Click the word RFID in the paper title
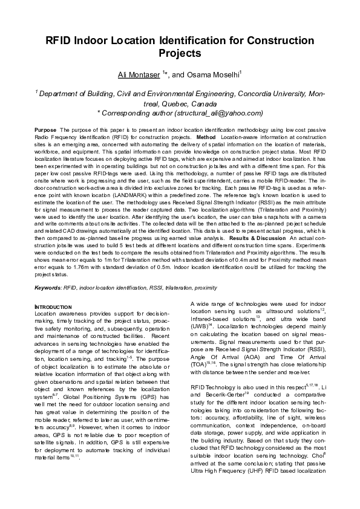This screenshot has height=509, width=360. pos(61,41)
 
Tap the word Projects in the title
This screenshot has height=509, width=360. pos(180,54)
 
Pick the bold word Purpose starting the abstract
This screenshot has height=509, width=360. pos(46,130)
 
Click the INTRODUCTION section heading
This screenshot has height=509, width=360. pos(54,307)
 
